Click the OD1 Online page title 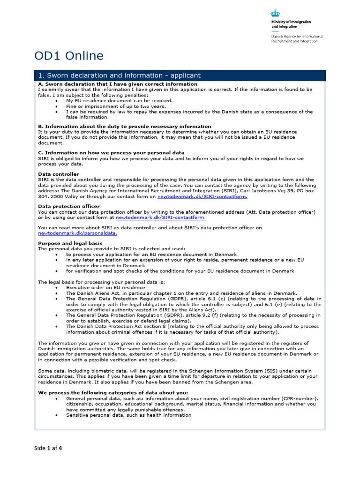pos(69,56)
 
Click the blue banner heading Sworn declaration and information pos(119,75)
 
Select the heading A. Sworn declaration pos(118,84)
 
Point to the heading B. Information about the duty pos(124,126)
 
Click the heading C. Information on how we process pos(111,153)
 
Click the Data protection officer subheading pos(68,206)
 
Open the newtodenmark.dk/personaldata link pos(78,233)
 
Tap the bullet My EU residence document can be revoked pos(119,100)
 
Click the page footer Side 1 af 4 pos(48,448)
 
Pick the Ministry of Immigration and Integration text pos(291,24)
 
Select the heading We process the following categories pos(113,392)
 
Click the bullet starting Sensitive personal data pos(128,415)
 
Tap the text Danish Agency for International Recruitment pos(297,38)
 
